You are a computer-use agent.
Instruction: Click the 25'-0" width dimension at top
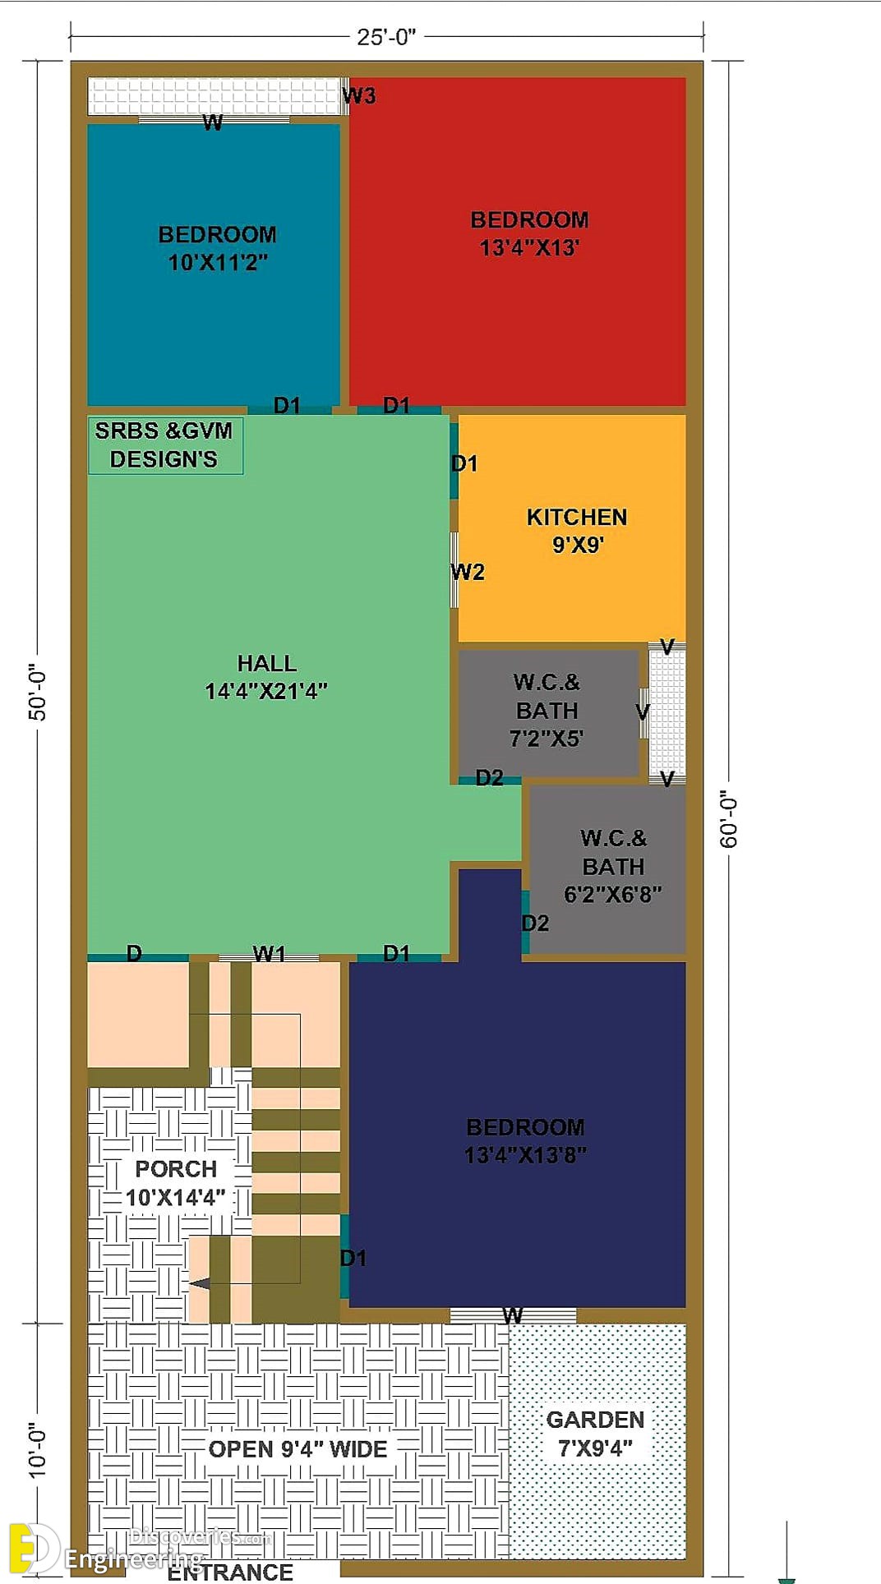[x=386, y=37]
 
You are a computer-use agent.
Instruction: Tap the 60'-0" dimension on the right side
[x=730, y=819]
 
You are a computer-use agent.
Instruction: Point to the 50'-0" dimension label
[x=38, y=692]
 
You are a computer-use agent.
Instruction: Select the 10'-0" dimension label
[x=38, y=1451]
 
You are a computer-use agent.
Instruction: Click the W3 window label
[x=359, y=96]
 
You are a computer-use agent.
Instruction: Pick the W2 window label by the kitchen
[x=468, y=572]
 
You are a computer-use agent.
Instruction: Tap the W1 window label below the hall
[x=269, y=953]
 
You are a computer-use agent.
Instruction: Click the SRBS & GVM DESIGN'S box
[x=165, y=444]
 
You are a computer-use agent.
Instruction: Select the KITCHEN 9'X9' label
[x=577, y=531]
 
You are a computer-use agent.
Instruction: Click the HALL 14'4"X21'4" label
[x=266, y=677]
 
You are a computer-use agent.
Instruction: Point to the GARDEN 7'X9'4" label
[x=595, y=1433]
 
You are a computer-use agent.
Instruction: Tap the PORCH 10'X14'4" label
[x=175, y=1183]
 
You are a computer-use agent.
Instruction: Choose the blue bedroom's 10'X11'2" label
[x=218, y=262]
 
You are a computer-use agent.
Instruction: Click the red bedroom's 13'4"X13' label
[x=530, y=247]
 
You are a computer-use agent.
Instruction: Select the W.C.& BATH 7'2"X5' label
[x=547, y=710]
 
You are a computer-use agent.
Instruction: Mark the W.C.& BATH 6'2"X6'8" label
[x=613, y=866]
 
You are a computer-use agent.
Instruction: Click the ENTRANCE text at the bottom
[x=230, y=1572]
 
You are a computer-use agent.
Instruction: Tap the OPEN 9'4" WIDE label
[x=298, y=1448]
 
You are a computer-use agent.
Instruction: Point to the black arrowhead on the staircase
[x=200, y=1282]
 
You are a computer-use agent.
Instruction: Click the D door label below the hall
[x=134, y=953]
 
